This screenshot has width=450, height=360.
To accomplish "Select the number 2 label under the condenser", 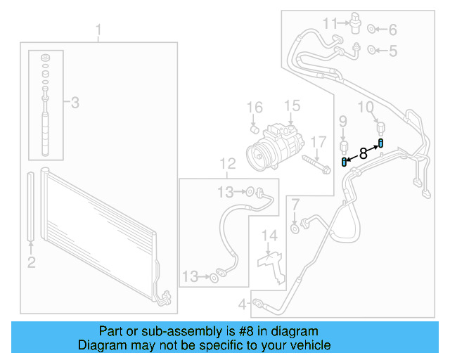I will tap(31, 263).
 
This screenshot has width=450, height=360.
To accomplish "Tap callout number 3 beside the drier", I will tap(74, 103).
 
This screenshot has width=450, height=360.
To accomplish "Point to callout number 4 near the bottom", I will tap(242, 304).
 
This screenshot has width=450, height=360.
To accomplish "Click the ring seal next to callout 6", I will tap(373, 30).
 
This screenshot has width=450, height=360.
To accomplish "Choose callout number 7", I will tap(295, 205).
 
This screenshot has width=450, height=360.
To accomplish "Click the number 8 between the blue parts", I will tap(363, 153).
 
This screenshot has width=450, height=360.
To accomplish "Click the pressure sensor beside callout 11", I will tap(354, 25).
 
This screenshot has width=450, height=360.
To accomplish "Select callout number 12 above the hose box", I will tap(227, 165).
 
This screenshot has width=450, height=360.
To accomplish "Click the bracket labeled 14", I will tap(269, 261).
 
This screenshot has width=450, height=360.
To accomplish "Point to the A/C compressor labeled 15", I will tap(275, 144).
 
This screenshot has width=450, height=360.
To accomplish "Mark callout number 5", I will tap(392, 51).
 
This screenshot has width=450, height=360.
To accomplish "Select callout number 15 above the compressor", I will tap(292, 106).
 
